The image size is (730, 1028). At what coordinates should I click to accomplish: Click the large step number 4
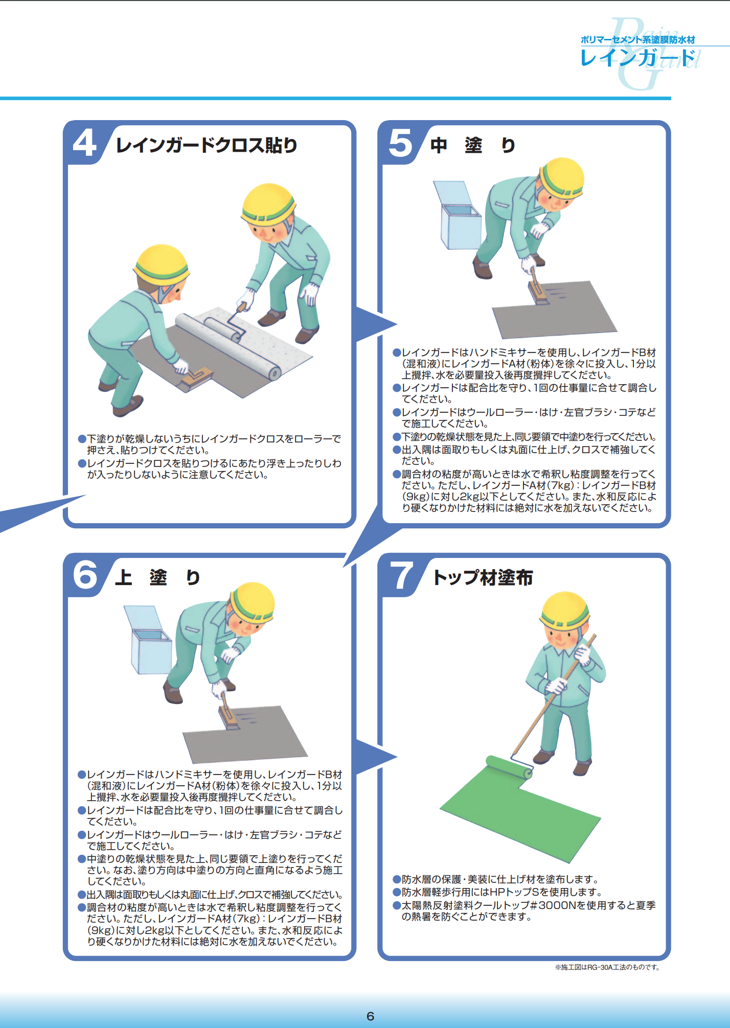click(85, 143)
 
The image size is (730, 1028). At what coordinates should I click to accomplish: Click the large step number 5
click(400, 143)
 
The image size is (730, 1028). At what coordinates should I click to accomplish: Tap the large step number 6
click(85, 575)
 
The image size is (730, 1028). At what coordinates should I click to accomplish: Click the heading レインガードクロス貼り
click(207, 145)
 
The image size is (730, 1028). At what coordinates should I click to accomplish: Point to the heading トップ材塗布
click(483, 577)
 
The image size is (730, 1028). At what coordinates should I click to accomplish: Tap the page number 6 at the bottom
click(370, 1016)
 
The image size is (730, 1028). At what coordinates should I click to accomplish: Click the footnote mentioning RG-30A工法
click(607, 967)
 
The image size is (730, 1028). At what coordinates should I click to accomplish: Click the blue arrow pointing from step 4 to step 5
click(376, 324)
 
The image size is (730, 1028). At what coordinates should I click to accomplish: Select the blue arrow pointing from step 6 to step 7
click(376, 757)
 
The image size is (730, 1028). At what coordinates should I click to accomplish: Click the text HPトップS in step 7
click(515, 892)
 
